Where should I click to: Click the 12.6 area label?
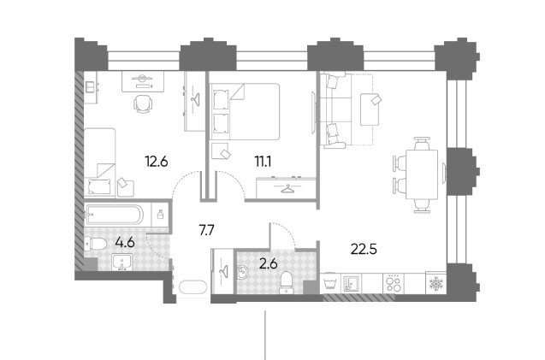pyautogui.click(x=157, y=162)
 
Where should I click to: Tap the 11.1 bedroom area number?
pyautogui.click(x=264, y=162)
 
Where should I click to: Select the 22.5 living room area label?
pyautogui.click(x=364, y=249)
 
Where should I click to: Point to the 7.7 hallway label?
pyautogui.click(x=207, y=230)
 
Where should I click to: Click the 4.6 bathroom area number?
pyautogui.click(x=125, y=242)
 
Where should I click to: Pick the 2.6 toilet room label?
pyautogui.click(x=269, y=264)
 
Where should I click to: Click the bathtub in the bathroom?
pyautogui.click(x=114, y=214)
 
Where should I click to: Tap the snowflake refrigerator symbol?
pyautogui.click(x=435, y=284)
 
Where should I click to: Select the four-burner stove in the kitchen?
pyautogui.click(x=394, y=283)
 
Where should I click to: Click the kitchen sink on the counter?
pyautogui.click(x=352, y=284)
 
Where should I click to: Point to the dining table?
pyautogui.click(x=422, y=174)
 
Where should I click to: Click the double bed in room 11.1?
pyautogui.click(x=245, y=111)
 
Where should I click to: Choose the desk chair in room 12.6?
pyautogui.click(x=143, y=103)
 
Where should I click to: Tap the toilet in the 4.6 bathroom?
pyautogui.click(x=96, y=244)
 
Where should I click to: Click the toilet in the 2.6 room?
pyautogui.click(x=287, y=282)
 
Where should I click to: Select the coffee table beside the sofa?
pyautogui.click(x=370, y=109)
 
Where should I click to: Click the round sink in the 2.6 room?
pyautogui.click(x=243, y=272)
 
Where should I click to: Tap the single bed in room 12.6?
pyautogui.click(x=100, y=162)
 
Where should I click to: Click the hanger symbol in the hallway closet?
pyautogui.click(x=222, y=269)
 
